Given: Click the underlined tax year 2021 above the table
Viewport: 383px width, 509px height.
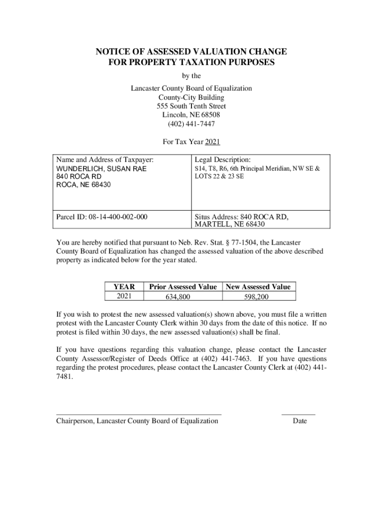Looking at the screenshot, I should coord(212,142).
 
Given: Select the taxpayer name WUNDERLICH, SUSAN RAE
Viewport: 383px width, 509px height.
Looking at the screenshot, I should coord(101,169).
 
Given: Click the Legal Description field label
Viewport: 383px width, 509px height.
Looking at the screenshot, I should coord(223,160).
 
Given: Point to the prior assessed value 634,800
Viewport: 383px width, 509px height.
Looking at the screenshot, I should coord(178,297).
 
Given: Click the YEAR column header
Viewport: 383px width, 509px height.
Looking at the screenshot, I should coord(124,287).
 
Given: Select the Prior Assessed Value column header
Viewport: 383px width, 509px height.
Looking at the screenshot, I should coord(183,287).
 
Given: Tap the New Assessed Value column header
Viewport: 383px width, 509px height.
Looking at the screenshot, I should coord(258,287).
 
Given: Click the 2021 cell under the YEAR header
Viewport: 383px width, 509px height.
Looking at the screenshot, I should coord(124,296).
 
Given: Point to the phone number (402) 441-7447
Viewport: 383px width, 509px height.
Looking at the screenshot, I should coord(191,124).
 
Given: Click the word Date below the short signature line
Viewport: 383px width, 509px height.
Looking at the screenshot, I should coord(300,421).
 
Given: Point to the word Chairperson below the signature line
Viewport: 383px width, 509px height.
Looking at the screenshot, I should coord(75,421).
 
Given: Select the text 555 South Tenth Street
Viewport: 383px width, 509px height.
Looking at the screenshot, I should coord(191,106).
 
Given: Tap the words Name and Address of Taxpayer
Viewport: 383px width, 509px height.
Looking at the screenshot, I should coord(105,160).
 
